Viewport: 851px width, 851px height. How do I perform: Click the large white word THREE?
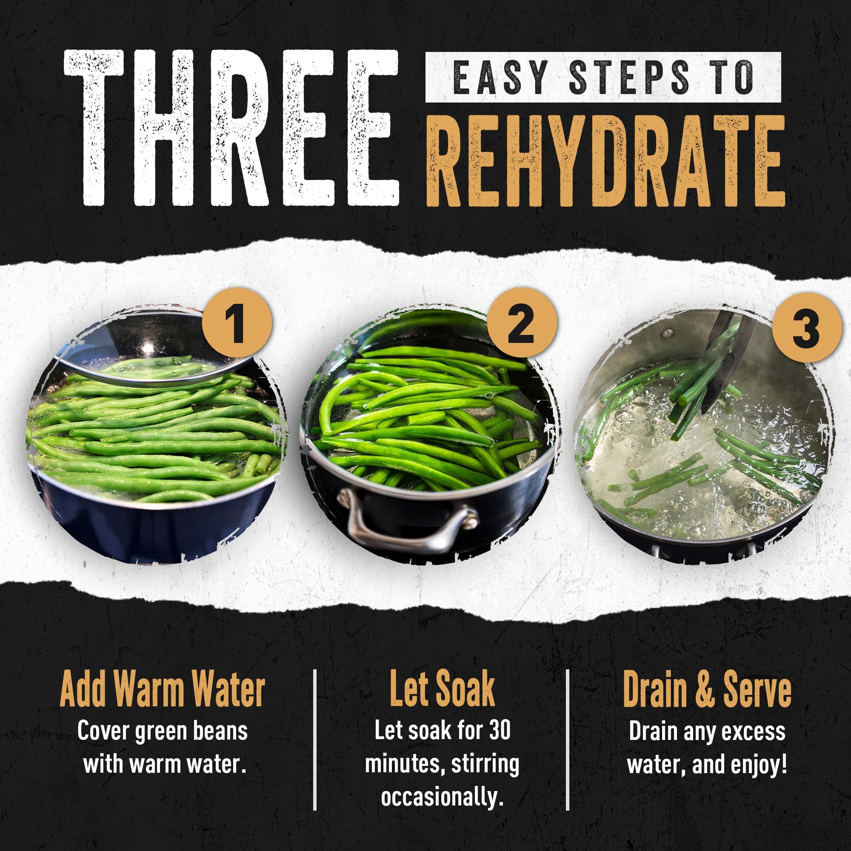pyautogui.click(x=232, y=128)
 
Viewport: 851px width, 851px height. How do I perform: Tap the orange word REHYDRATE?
pyautogui.click(x=606, y=160)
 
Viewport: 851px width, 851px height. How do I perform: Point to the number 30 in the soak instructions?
pyautogui.click(x=499, y=731)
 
